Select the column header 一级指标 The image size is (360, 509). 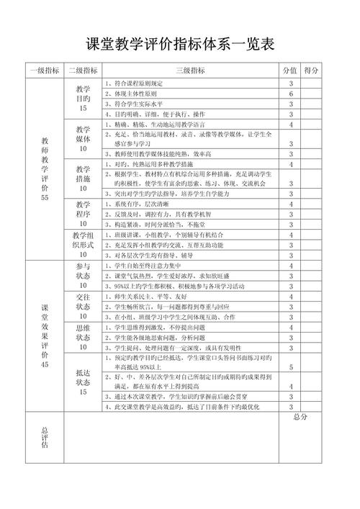pos(45,71)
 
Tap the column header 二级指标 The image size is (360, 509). pos(83,71)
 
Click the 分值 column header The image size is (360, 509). pos(290,71)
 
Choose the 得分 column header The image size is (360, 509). pos(312,71)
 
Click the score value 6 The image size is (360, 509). pos(290,94)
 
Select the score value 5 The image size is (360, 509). pos(290,367)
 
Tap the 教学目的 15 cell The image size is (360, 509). pos(83,99)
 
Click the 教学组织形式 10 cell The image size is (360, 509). pos(83,244)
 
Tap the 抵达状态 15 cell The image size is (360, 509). pos(83,382)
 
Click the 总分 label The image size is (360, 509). pos(301,417)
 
